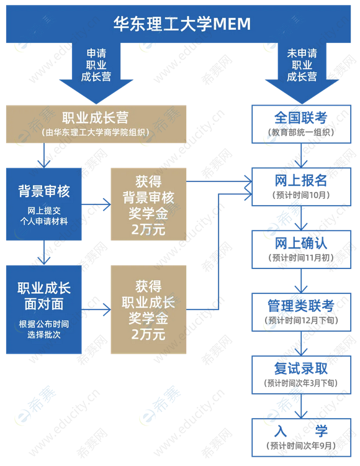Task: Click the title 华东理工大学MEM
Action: point(182,24)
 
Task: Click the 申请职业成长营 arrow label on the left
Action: point(96,65)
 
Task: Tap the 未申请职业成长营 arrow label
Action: point(302,65)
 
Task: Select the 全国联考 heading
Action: point(301,117)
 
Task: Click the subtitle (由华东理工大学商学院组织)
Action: point(96,132)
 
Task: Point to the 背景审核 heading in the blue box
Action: point(44,191)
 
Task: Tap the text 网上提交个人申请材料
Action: point(44,216)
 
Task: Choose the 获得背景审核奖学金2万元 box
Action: point(148,204)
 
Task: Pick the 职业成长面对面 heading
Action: point(44,296)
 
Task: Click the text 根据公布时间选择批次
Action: point(44,329)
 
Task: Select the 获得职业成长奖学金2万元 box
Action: point(148,309)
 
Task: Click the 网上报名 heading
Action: point(301,180)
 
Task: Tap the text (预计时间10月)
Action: point(301,195)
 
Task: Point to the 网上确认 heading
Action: point(301,243)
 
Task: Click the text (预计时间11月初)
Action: point(301,258)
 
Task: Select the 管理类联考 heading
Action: point(301,306)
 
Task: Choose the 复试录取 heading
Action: point(301,368)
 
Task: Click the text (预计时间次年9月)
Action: point(301,445)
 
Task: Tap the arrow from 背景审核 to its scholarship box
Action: point(96,204)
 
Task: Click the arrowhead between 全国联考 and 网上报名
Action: point(301,163)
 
